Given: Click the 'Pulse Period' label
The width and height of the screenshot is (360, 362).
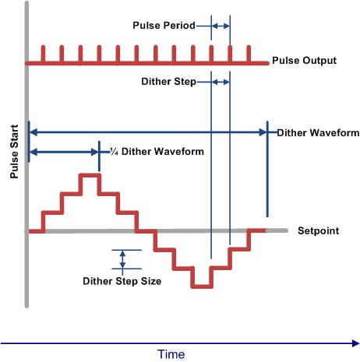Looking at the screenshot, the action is (x=164, y=26).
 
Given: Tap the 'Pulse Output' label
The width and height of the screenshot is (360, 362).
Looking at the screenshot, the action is (x=304, y=61).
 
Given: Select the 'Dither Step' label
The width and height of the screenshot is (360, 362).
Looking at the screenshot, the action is (x=168, y=82).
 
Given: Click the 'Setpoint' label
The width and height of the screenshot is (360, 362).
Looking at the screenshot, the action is (x=318, y=230).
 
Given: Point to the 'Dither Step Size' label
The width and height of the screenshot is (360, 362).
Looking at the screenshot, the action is (x=122, y=281).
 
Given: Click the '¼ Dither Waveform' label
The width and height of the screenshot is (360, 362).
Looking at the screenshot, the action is (x=157, y=151).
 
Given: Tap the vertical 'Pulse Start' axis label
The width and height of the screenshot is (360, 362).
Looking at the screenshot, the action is (x=14, y=152).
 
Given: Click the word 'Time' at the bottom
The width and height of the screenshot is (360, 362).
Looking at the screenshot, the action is (x=171, y=354).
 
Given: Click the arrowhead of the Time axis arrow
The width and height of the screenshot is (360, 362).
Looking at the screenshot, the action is (x=356, y=343).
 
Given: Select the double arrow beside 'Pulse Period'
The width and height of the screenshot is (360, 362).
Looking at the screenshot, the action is (x=221, y=26).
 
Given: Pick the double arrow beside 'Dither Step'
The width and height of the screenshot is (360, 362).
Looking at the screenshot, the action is (x=221, y=83).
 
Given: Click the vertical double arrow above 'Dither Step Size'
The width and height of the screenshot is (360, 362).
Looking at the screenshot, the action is (x=122, y=259).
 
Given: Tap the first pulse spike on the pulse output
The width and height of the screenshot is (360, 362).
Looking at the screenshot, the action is (x=43, y=54).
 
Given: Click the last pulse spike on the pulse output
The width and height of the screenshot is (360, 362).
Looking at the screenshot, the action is (x=249, y=54).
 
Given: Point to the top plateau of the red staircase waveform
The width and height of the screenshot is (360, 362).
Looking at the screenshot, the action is (x=90, y=176).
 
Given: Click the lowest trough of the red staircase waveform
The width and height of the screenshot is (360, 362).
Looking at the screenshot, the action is (x=202, y=286).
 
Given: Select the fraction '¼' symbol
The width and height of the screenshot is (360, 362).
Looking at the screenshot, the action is (x=114, y=151).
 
